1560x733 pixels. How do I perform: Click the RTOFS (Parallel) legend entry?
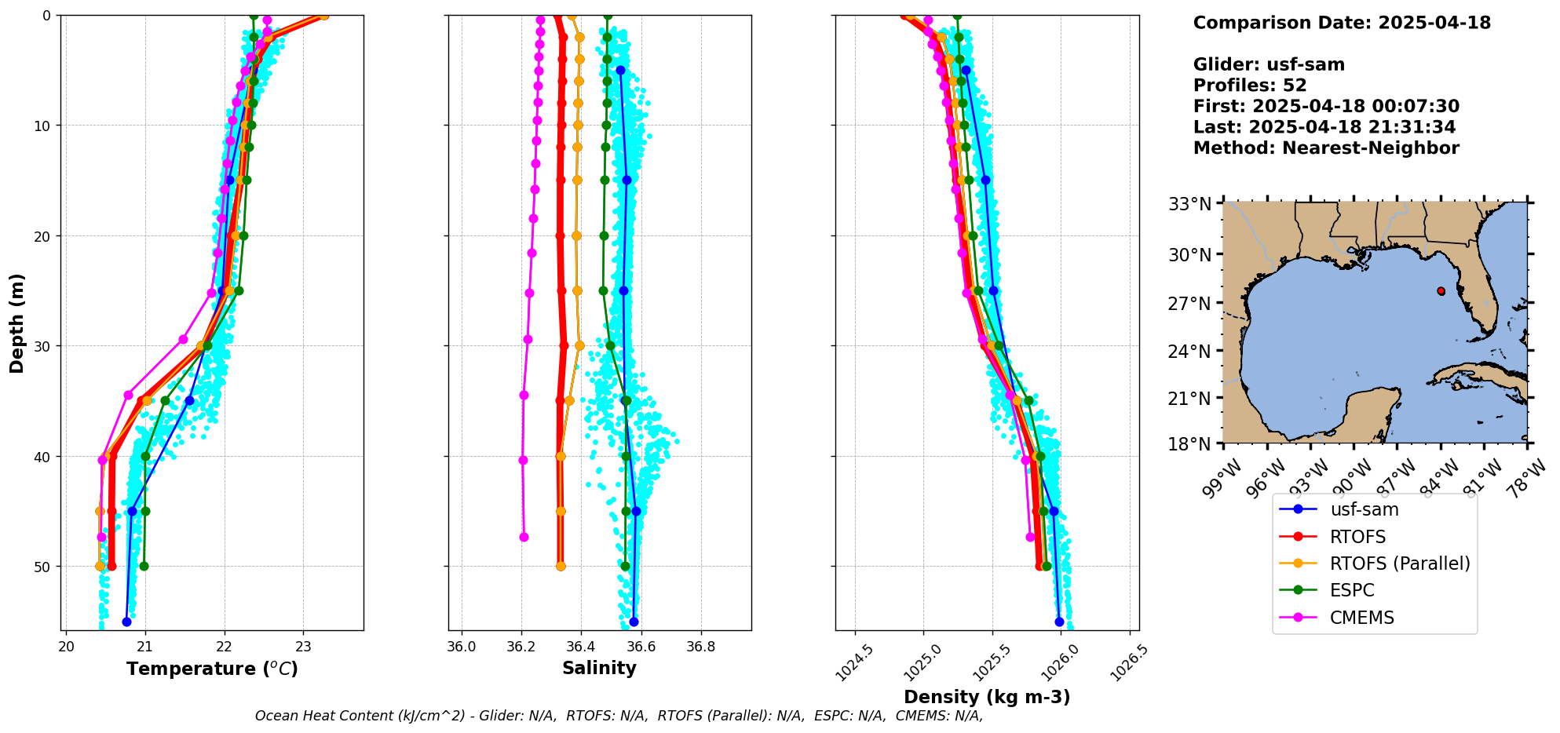click(x=1399, y=563)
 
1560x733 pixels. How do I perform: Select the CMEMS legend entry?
click(x=1361, y=618)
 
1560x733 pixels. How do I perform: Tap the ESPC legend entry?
click(x=1352, y=590)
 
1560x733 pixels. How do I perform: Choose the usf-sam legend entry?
click(x=1364, y=509)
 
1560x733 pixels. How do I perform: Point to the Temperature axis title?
click(x=212, y=669)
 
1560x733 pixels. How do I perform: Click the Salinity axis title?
click(x=599, y=668)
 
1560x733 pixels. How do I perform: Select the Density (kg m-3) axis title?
click(x=987, y=697)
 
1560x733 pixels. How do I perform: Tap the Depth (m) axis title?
click(x=16, y=323)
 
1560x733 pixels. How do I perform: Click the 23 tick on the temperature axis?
click(x=303, y=647)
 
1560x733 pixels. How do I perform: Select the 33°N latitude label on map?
click(x=1189, y=205)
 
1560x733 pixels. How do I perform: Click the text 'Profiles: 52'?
click(x=1250, y=86)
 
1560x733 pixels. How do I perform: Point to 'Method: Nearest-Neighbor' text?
click(x=1326, y=148)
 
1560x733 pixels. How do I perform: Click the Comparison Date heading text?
click(x=1342, y=23)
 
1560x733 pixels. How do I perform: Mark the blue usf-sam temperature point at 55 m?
click(x=126, y=622)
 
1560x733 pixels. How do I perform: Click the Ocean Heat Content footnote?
click(x=619, y=716)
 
